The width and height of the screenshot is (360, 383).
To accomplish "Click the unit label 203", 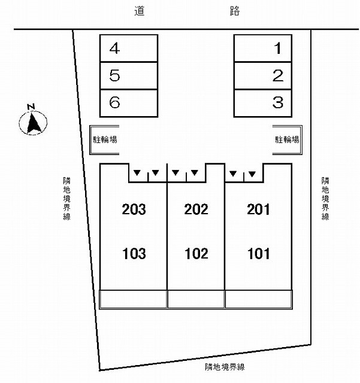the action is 134,209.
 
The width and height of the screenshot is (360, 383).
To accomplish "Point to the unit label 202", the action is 196,209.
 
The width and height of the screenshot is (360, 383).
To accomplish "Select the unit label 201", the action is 258,209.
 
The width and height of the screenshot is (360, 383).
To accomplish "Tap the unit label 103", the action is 134,254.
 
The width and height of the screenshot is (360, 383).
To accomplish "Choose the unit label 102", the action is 196,254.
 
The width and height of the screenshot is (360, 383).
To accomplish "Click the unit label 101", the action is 259,254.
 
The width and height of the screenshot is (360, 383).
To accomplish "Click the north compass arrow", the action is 33,123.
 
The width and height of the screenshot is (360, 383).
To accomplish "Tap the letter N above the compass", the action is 31,107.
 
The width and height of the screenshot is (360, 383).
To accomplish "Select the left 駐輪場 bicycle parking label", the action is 105,139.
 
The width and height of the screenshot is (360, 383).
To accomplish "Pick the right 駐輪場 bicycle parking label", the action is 287,139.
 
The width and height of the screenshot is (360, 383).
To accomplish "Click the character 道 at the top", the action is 140,11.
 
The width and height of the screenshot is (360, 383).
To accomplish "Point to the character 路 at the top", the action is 235,11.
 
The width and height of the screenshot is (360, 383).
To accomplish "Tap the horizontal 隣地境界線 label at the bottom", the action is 225,367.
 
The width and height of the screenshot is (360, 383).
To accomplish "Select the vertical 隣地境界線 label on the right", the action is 325,199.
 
